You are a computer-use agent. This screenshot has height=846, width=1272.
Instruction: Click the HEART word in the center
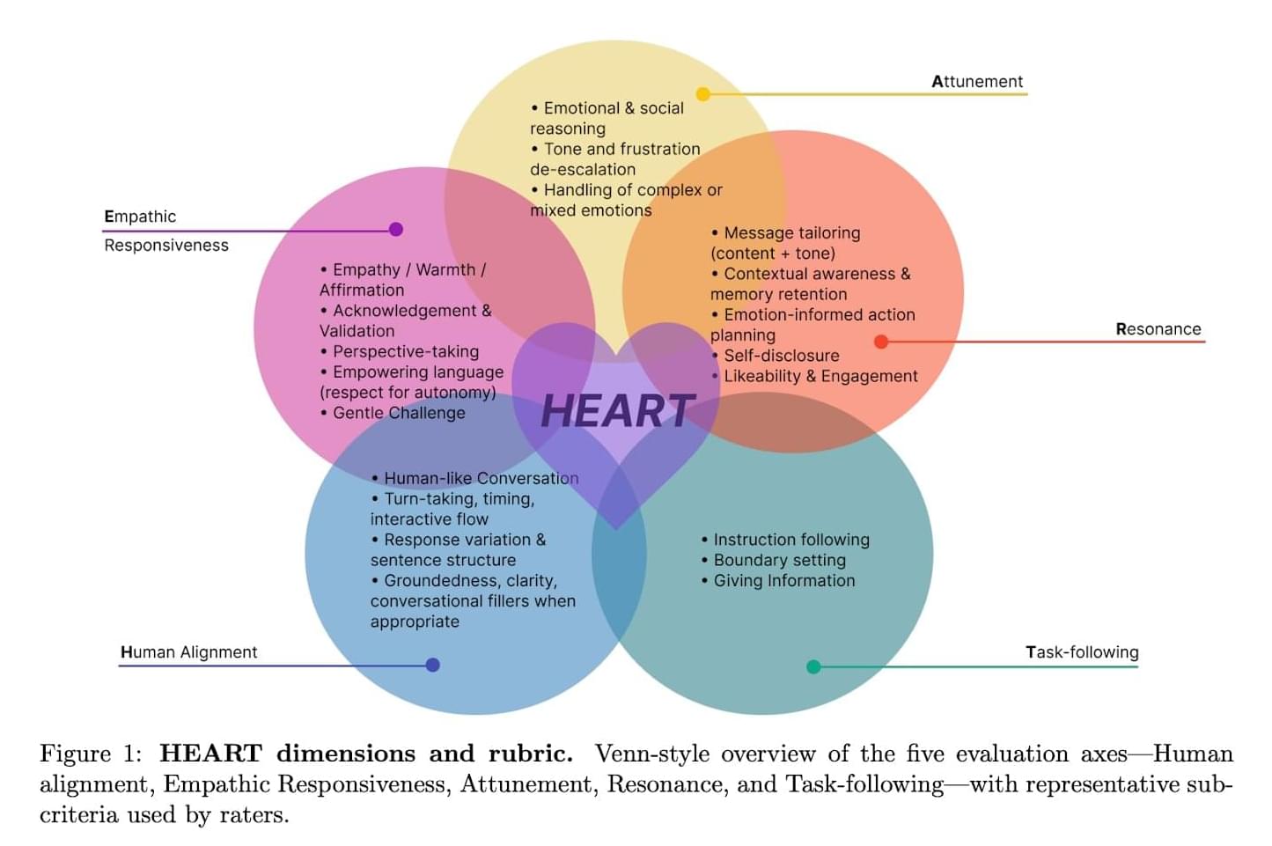[x=618, y=411]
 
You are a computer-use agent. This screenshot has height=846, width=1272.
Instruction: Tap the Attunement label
[x=977, y=82]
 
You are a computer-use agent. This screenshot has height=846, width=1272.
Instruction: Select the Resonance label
[x=1158, y=329]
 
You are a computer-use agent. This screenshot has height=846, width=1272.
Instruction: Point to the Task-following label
[x=1082, y=652]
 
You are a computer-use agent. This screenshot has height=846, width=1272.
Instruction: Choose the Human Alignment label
[x=188, y=652]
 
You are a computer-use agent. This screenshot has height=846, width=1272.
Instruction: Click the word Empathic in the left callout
[x=140, y=217]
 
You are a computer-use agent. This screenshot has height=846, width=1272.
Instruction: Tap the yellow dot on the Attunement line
[x=702, y=93]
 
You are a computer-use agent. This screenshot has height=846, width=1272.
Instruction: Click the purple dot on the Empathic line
[x=396, y=230]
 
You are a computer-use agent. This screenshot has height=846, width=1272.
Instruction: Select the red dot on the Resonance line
[x=881, y=342]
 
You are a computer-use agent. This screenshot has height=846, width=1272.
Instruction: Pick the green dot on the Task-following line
[x=813, y=666]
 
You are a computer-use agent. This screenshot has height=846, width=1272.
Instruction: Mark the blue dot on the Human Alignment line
[x=432, y=665]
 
